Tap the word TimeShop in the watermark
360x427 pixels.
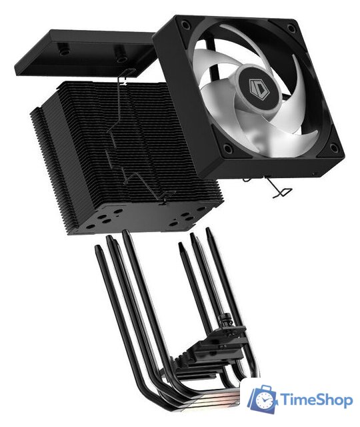[315, 400]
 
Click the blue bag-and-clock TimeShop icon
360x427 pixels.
[262, 399]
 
